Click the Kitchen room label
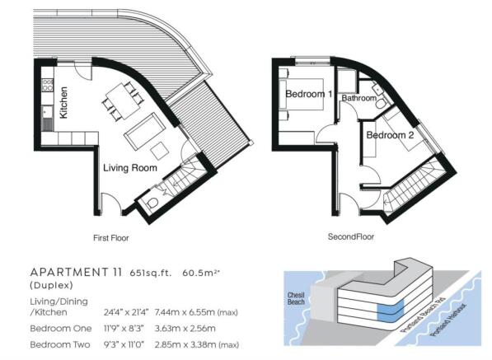point(63,102)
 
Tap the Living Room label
point(130,168)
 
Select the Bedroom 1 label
point(309,94)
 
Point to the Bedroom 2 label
point(390,135)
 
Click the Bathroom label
point(359,98)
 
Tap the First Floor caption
point(111,238)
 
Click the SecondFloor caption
point(351,236)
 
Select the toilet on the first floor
point(152,203)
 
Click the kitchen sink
point(47,112)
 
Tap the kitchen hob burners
point(47,85)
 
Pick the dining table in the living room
point(123,101)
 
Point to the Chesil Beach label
point(296,298)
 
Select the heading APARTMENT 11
point(76,272)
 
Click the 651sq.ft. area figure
point(151,273)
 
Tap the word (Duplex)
point(51,285)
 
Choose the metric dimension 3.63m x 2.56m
point(185,329)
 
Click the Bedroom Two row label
point(60,344)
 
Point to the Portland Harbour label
point(448,320)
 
